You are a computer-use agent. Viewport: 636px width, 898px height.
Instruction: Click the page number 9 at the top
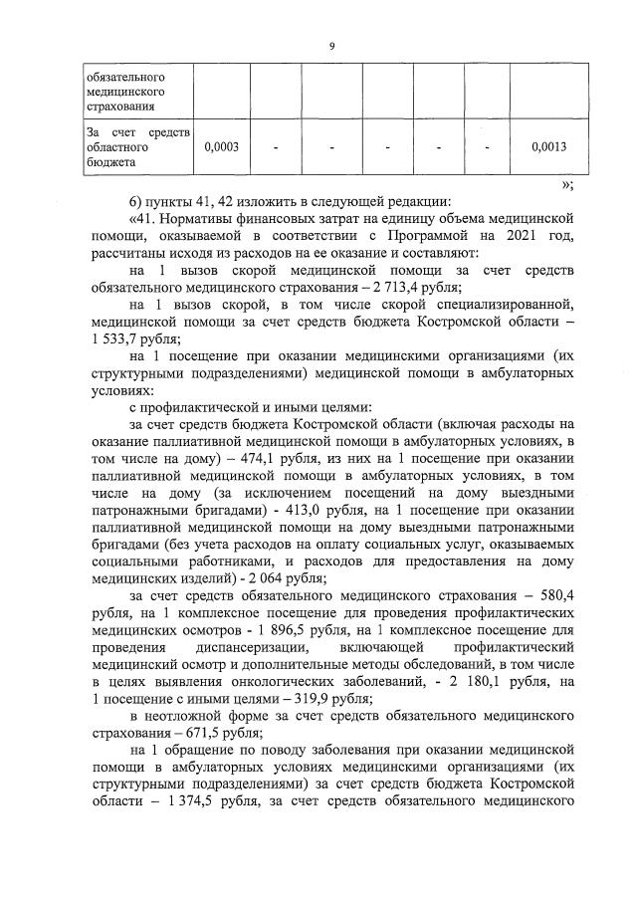tap(330, 45)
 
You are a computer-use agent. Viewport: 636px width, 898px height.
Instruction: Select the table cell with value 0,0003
tap(220, 147)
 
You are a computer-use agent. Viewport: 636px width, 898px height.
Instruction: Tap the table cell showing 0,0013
tap(548, 147)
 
